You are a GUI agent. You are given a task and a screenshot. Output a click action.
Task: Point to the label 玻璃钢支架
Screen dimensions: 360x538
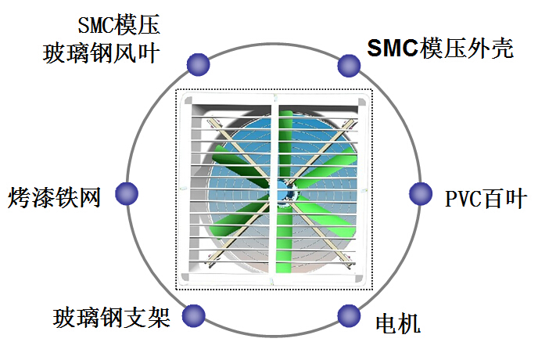pos(111,318)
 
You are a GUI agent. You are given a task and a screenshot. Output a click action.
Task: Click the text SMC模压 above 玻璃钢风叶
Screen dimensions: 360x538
pos(119,25)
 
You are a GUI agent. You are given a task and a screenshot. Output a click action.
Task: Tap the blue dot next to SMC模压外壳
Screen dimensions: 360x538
pos(349,64)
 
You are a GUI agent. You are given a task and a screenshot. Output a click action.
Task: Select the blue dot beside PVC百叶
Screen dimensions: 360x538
pos(421,193)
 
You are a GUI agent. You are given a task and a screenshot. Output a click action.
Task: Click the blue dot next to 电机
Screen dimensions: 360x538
pos(350,315)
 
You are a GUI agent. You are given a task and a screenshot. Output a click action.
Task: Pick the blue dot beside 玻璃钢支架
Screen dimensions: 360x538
pos(193,315)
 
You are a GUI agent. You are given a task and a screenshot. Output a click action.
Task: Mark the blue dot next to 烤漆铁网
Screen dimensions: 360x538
pos(127,193)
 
